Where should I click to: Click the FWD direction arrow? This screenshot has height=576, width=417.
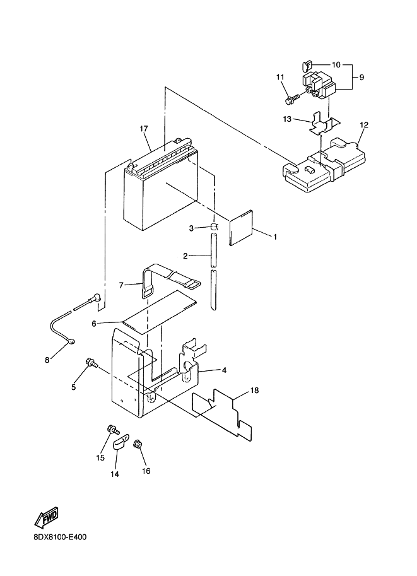click(47, 517)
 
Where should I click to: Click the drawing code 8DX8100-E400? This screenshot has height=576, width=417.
click(60, 538)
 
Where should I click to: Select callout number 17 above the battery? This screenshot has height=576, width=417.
click(144, 129)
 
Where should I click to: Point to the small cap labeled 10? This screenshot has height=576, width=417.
click(307, 66)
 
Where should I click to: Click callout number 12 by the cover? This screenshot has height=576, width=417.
click(364, 125)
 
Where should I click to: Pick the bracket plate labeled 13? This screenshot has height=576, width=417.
click(323, 124)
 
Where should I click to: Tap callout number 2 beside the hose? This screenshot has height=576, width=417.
click(185, 256)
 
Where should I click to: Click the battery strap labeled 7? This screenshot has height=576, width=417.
click(170, 280)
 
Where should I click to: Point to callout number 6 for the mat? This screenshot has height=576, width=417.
click(94, 324)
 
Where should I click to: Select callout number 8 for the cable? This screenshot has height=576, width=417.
click(47, 360)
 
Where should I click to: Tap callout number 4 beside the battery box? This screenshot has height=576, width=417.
click(224, 370)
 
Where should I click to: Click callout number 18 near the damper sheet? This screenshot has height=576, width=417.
click(254, 391)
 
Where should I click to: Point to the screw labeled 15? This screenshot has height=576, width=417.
click(112, 429)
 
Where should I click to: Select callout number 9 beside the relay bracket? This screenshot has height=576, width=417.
click(361, 78)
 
